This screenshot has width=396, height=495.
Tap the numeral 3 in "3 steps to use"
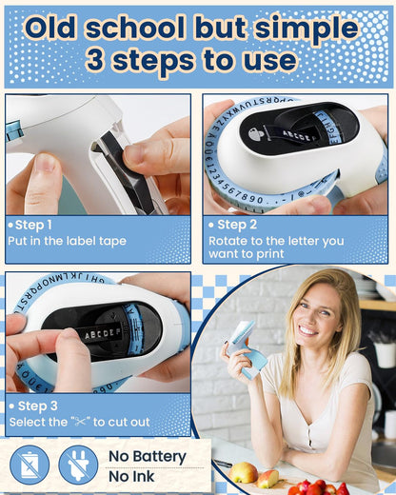(95, 60)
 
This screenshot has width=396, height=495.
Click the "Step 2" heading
(237, 225)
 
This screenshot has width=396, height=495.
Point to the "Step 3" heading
(38, 406)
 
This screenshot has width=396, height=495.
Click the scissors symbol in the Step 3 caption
(81, 422)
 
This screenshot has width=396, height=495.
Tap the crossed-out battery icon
(30, 465)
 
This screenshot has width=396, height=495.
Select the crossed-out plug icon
(78, 465)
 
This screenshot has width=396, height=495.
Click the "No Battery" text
(148, 457)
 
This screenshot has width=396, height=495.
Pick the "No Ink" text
(131, 477)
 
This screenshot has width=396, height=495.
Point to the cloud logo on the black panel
(256, 134)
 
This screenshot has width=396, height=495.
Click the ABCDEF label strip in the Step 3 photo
(102, 333)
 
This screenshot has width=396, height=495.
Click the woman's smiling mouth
(308, 330)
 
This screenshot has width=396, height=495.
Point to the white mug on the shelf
(384, 354)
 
